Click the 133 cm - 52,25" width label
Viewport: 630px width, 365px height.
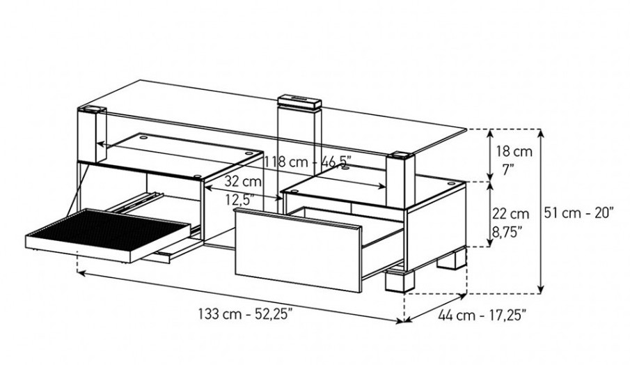(245, 314)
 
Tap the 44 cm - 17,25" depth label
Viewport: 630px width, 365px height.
(482, 315)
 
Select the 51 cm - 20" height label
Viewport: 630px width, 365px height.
(579, 212)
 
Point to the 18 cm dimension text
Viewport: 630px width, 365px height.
(514, 152)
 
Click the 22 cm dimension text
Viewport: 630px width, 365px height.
(511, 213)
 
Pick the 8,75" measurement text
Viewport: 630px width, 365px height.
(507, 231)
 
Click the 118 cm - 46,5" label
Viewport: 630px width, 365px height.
(308, 162)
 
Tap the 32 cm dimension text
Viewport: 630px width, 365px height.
(243, 181)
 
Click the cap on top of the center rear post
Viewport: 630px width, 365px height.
(299, 102)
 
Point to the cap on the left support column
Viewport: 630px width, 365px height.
(93, 109)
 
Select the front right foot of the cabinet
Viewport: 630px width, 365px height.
(400, 280)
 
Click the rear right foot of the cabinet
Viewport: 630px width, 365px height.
(452, 260)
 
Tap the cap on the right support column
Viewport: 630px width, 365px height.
(400, 155)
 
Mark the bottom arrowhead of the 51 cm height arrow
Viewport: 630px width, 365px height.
(541, 290)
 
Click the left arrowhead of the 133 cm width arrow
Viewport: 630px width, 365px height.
(81, 273)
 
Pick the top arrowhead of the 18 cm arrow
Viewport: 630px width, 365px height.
(490, 134)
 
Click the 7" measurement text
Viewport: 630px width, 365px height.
(508, 170)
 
